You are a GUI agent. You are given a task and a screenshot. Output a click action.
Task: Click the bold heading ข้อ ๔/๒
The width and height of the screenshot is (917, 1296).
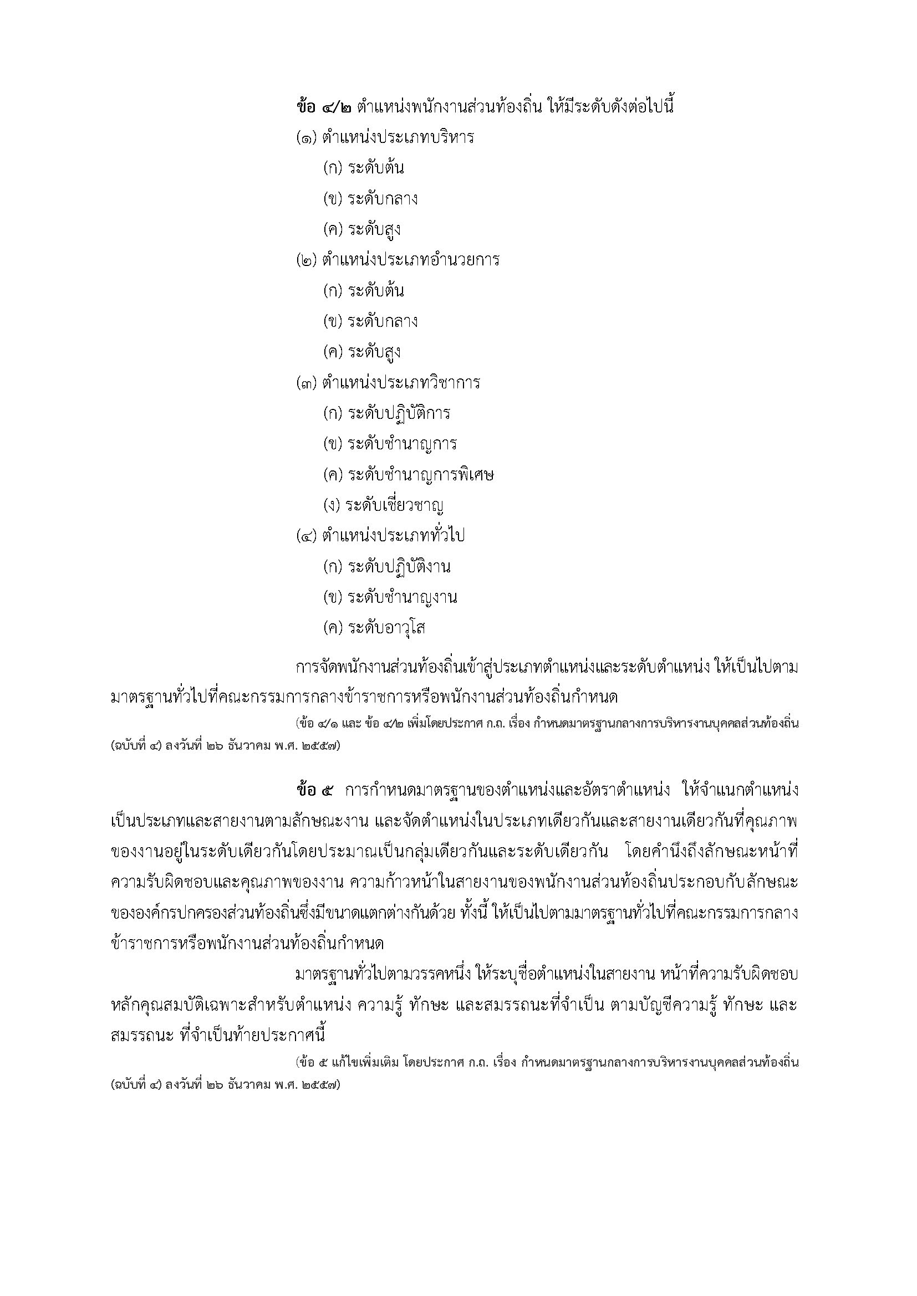(324, 106)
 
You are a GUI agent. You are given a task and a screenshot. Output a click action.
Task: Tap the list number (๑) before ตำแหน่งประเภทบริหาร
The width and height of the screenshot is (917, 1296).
(307, 137)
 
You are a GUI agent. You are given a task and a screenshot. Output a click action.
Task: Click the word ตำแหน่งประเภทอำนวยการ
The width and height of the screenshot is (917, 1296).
(410, 260)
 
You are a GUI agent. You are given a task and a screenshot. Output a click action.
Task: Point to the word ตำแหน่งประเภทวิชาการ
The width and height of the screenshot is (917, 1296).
(401, 383)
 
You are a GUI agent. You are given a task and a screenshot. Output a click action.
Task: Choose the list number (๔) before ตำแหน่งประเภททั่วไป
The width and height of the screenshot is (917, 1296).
(307, 535)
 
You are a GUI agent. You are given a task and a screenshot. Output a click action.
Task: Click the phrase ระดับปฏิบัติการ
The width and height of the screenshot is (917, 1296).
(399, 413)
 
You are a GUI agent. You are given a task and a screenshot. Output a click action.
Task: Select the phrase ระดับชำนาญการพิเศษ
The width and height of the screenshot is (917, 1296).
(421, 474)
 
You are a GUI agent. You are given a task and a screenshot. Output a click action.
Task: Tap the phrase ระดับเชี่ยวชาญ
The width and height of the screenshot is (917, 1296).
(395, 505)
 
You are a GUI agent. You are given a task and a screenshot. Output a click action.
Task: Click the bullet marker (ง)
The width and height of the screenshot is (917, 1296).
(333, 505)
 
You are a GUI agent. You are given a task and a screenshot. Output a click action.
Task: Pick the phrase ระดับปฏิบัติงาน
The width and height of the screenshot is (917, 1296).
(399, 566)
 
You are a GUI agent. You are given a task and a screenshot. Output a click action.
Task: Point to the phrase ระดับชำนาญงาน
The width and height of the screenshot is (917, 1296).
(402, 597)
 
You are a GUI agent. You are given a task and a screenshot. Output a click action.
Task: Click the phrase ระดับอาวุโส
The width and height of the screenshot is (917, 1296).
(386, 627)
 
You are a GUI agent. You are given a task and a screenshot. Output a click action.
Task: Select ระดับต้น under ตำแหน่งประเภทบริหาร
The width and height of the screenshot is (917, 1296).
(375, 168)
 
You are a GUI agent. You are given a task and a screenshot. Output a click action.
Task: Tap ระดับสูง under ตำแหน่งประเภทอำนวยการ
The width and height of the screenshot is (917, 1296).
(374, 352)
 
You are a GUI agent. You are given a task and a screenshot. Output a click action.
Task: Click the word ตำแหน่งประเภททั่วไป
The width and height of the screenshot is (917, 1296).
(393, 535)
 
